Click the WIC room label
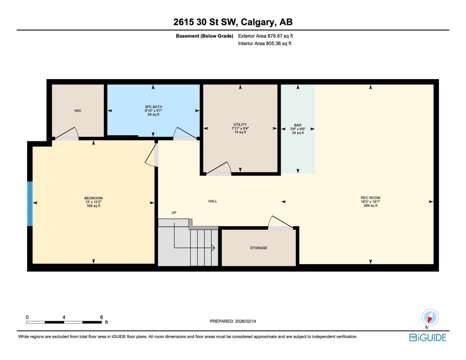(x=78, y=111)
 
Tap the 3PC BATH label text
(x=153, y=107)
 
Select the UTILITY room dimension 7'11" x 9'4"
(x=240, y=128)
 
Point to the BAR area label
(x=298, y=125)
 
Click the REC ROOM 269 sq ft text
(x=370, y=206)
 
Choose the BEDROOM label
(x=93, y=198)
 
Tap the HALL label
(x=213, y=201)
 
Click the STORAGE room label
(x=258, y=248)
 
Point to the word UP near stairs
(x=174, y=213)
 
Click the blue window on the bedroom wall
(x=30, y=204)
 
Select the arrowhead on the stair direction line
(x=213, y=248)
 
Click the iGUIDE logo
(x=428, y=337)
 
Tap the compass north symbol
(x=430, y=318)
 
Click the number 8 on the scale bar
(x=101, y=317)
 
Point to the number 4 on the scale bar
(x=64, y=317)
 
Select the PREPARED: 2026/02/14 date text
(x=233, y=321)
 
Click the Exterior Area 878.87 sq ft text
(x=265, y=36)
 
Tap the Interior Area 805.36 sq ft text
(x=264, y=44)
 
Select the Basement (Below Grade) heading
(x=204, y=36)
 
